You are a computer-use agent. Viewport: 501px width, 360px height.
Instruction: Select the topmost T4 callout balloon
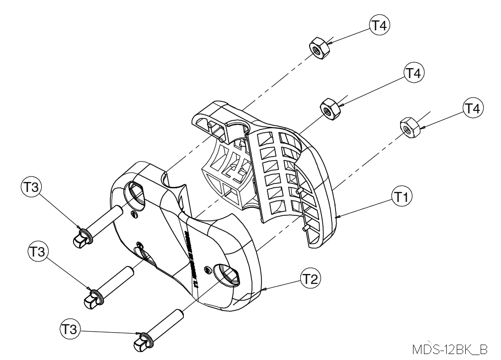coord(379,26)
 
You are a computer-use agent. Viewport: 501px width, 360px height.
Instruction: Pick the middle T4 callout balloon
coord(412,74)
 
